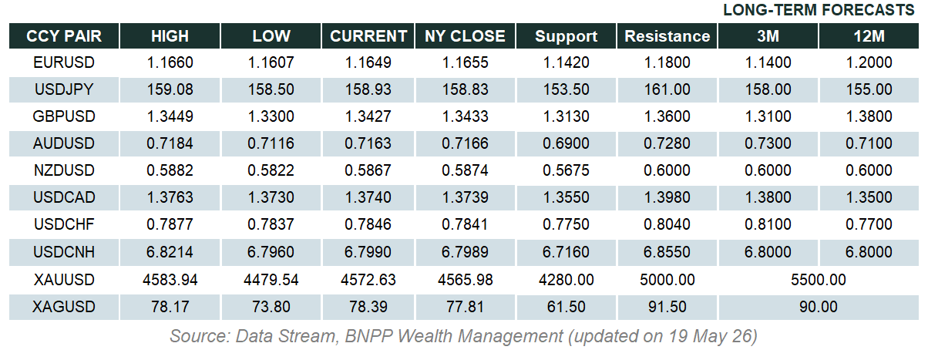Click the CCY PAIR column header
coord(64,36)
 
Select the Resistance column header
coord(667,36)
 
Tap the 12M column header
coord(869,36)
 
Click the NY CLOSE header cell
coord(465,36)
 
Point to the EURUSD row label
coord(64,62)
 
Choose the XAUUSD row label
coord(64,280)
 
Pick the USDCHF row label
coord(64,224)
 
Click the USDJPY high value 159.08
coord(170,89)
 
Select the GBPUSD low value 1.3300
coord(271,116)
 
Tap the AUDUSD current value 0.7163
coord(368,143)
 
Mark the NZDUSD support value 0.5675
coord(566,170)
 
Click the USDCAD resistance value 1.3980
coord(667,197)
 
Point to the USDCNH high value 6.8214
coord(170,252)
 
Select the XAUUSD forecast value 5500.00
coord(819,280)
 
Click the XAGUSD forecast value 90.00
coord(819,307)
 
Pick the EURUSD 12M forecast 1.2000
coord(869,62)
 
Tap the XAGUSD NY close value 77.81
coord(465,307)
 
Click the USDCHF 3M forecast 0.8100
coord(768,224)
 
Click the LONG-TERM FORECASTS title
coord(819,10)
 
